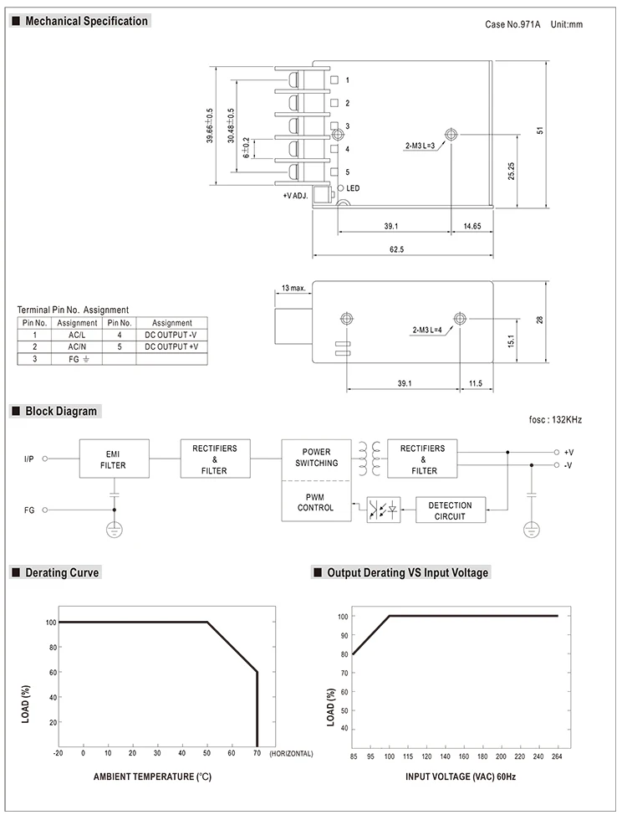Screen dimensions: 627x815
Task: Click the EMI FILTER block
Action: [x=115, y=459]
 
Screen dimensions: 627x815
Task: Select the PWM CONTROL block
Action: [x=316, y=501]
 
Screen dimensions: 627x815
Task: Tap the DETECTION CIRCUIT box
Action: [x=451, y=510]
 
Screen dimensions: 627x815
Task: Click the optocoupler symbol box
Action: [x=384, y=510]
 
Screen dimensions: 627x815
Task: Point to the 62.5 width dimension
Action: [x=396, y=249]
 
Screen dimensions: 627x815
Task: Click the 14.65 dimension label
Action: [x=472, y=226]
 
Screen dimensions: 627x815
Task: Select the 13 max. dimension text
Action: [x=293, y=288]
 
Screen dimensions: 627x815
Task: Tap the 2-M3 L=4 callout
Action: [x=427, y=330]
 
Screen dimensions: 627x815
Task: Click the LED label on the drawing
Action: [x=353, y=188]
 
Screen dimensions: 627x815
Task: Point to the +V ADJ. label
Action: [x=296, y=196]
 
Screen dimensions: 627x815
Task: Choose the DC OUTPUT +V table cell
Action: [x=171, y=346]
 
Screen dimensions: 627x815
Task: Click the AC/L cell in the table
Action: [x=77, y=336]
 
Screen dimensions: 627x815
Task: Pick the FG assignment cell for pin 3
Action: [x=77, y=359]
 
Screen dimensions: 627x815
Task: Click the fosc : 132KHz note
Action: [x=555, y=419]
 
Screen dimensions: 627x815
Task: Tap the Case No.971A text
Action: [x=512, y=24]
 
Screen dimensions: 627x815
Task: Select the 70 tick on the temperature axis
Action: [x=257, y=753]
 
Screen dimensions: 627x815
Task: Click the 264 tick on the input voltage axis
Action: [x=557, y=756]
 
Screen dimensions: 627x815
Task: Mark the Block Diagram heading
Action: [x=61, y=411]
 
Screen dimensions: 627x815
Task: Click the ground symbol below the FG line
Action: [x=115, y=530]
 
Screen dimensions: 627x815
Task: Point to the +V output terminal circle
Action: [x=556, y=452]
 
